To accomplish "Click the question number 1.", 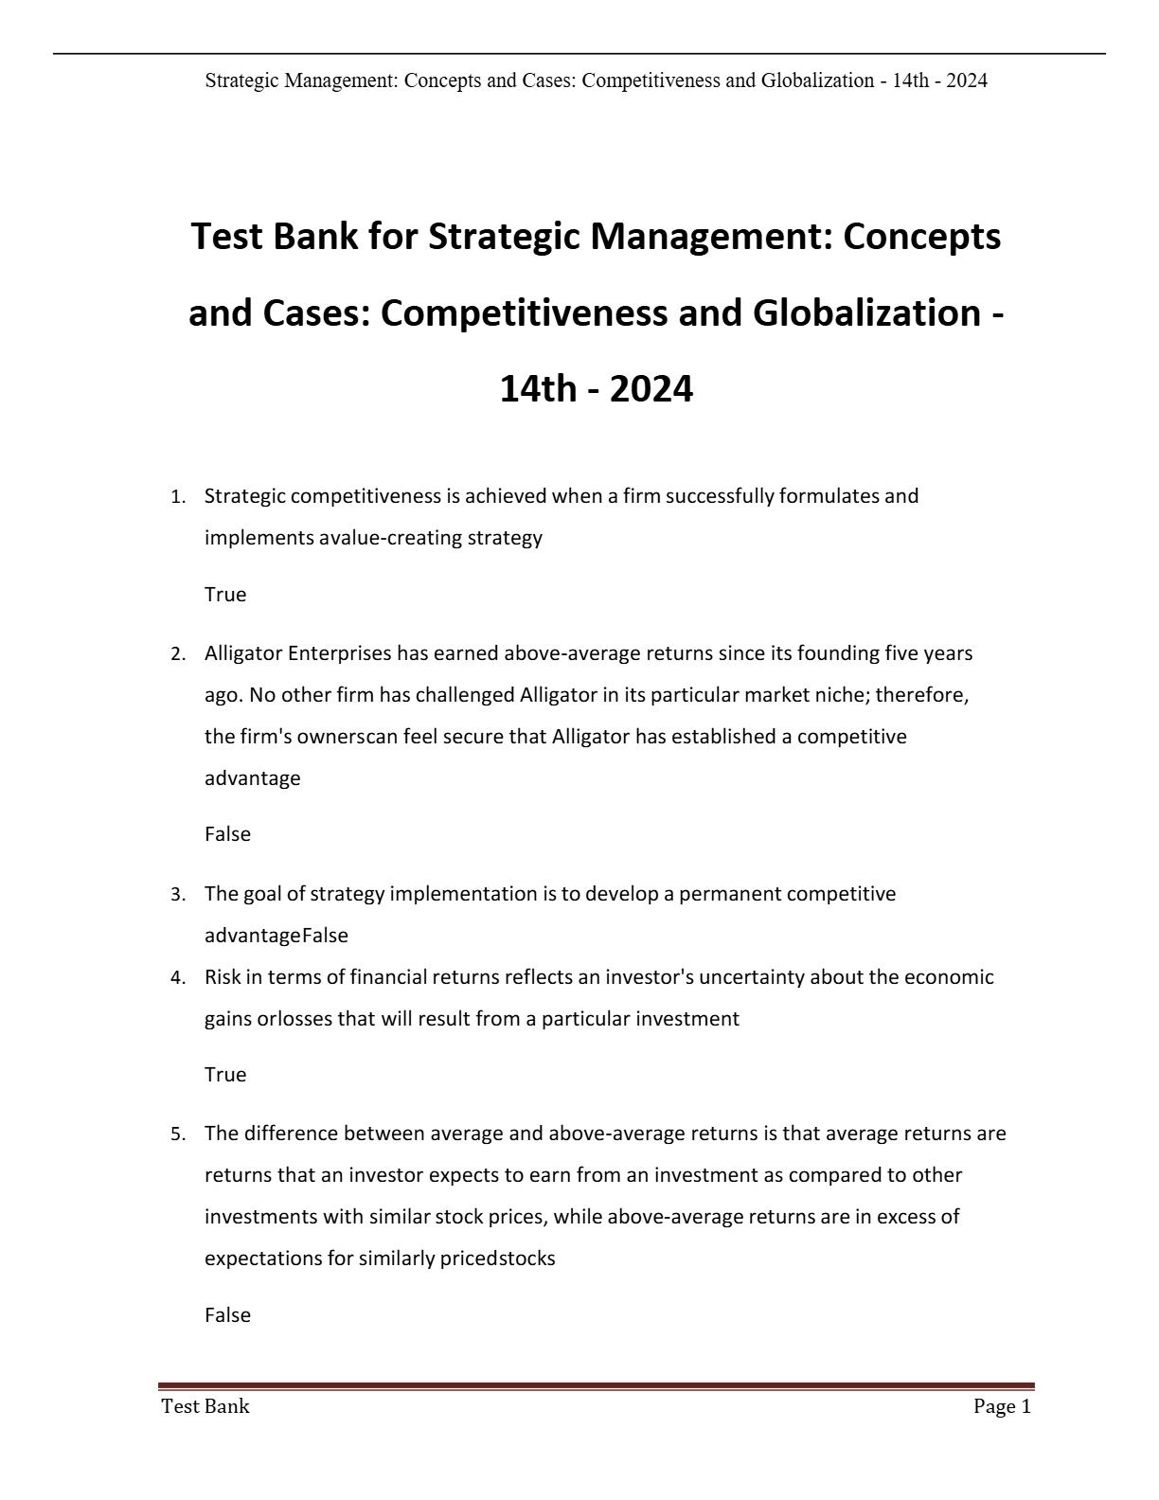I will point(177,497).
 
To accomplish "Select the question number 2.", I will point(177,654).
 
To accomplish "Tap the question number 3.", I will point(177,895).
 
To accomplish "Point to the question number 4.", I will point(177,978).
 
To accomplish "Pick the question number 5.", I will point(177,1134).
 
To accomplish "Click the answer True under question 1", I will point(225,595).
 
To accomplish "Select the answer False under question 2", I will point(227,834).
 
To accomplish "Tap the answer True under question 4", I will point(225,1075).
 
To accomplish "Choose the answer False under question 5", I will point(227,1315).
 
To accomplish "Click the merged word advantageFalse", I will point(276,936).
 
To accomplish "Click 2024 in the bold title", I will point(651,389).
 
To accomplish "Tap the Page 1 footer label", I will point(1002,1407).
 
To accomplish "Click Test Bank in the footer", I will point(205,1407).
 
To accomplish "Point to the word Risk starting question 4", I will point(223,977).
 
